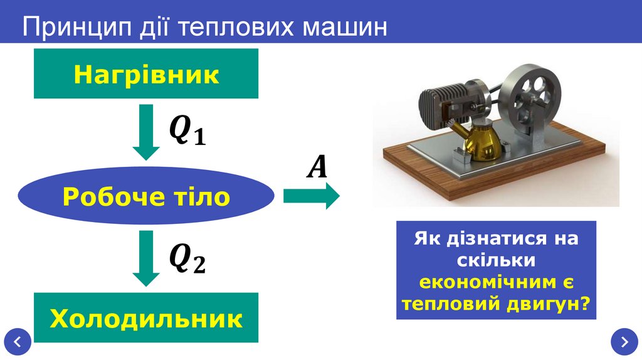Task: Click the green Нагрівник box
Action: pyautogui.click(x=146, y=75)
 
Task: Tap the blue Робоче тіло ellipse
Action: pyautogui.click(x=146, y=197)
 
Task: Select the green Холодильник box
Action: pyautogui.click(x=146, y=318)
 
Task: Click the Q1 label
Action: pyautogui.click(x=187, y=133)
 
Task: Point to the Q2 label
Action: pyautogui.click(x=187, y=258)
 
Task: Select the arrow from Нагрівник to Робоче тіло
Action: pyautogui.click(x=146, y=132)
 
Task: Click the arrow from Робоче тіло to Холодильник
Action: pyautogui.click(x=146, y=258)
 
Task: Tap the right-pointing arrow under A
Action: pyautogui.click(x=311, y=197)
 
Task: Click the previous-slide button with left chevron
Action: pyautogui.click(x=18, y=342)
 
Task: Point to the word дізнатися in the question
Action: pyautogui.click(x=488, y=238)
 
